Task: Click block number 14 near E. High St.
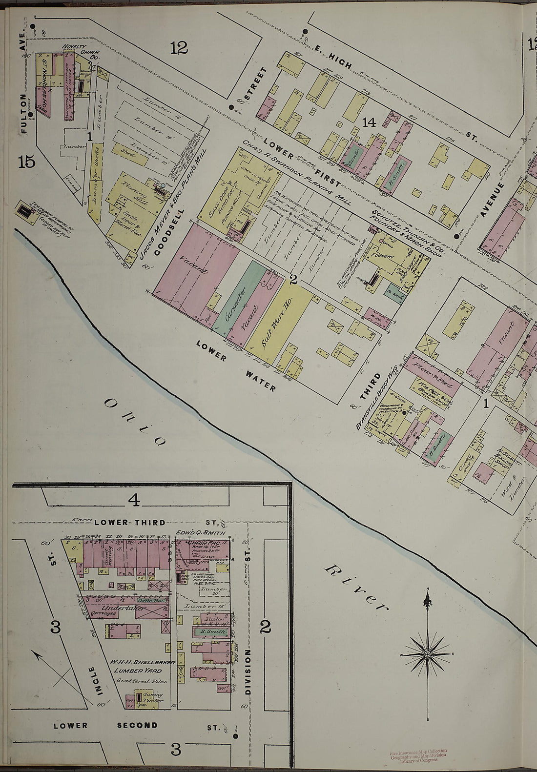pyautogui.click(x=369, y=122)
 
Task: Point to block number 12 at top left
pyautogui.click(x=179, y=47)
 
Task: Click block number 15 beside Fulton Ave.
pyautogui.click(x=26, y=161)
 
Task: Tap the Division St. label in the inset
pyautogui.click(x=248, y=678)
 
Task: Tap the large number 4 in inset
pyautogui.click(x=134, y=500)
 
